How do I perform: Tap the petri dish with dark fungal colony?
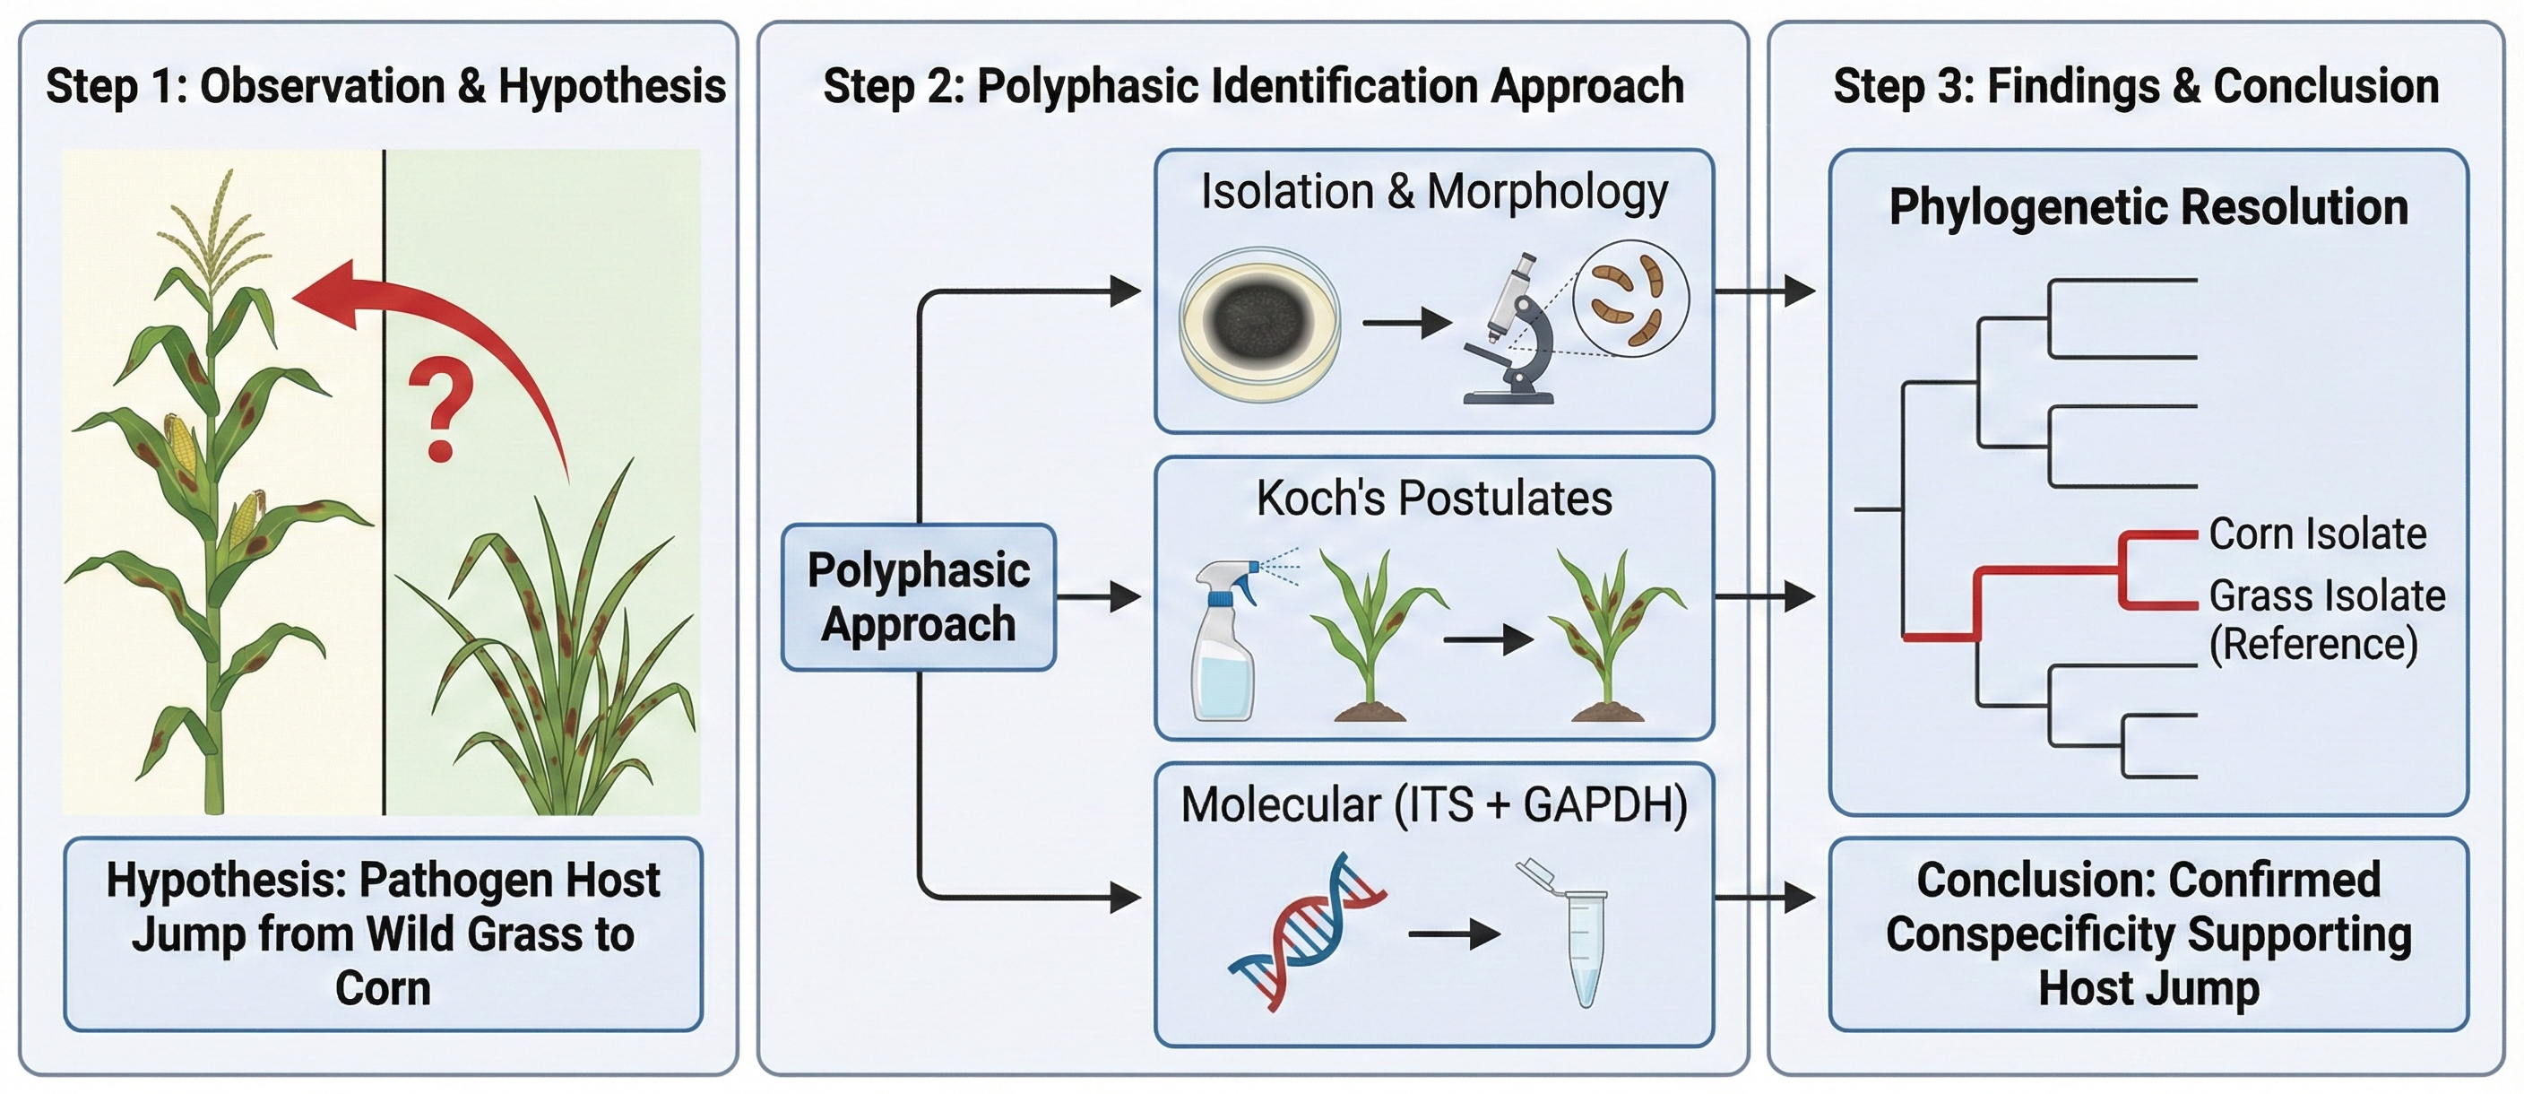click(1259, 324)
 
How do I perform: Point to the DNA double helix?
click(1306, 932)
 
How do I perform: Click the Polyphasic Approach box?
click(918, 597)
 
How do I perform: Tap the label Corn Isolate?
click(2317, 534)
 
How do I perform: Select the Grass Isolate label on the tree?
click(2327, 596)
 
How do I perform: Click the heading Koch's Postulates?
click(1433, 498)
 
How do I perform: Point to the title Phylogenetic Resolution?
click(2148, 208)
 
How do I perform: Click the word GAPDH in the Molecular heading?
click(1605, 805)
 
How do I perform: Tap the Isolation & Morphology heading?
click(1433, 191)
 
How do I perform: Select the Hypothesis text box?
click(383, 933)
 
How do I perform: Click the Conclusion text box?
click(2148, 933)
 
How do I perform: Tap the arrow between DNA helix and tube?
click(1453, 934)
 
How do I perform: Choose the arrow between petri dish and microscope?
click(1406, 322)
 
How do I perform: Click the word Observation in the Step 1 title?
click(323, 86)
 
